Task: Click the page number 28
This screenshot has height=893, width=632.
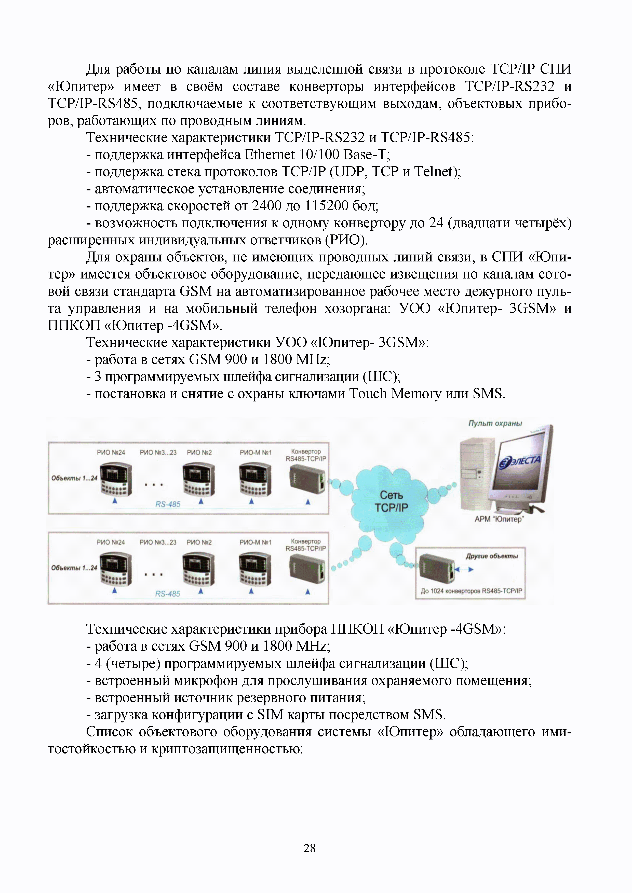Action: click(310, 848)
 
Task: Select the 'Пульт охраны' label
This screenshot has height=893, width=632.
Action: click(495, 423)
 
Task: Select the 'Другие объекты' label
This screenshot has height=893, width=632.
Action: click(492, 556)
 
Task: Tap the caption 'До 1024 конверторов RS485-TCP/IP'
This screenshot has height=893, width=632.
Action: click(471, 591)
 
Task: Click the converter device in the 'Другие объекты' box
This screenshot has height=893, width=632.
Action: click(437, 568)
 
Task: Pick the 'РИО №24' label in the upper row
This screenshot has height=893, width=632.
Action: click(111, 452)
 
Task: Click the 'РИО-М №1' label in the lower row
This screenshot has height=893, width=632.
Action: click(255, 542)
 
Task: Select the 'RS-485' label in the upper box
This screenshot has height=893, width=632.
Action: click(168, 504)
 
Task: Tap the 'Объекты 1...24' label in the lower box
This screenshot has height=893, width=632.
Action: click(74, 568)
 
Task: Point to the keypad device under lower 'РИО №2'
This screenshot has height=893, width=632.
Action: click(198, 569)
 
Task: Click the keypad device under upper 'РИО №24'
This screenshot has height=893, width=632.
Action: click(116, 479)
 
